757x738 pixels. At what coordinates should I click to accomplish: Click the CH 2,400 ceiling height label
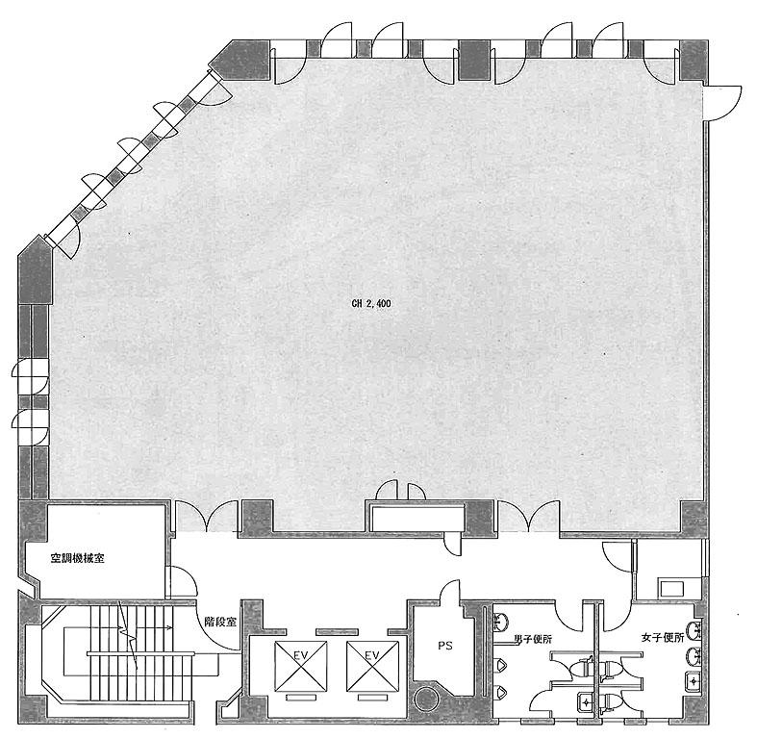(370, 304)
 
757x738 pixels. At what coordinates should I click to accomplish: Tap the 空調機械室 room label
(78, 559)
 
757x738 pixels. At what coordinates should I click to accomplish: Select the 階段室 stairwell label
(220, 622)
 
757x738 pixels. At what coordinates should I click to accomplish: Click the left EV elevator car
(301, 666)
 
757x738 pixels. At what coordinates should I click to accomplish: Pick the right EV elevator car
(372, 666)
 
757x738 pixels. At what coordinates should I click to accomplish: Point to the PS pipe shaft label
(445, 646)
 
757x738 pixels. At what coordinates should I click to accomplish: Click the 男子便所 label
(533, 640)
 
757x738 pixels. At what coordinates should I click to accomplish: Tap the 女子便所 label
(663, 638)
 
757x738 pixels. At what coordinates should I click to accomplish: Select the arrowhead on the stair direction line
(170, 628)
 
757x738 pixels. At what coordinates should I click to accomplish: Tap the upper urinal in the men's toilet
(499, 665)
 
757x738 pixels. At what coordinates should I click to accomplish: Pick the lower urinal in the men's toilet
(499, 692)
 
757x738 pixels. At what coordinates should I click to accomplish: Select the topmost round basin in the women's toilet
(695, 629)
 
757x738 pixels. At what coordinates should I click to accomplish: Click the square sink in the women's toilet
(694, 682)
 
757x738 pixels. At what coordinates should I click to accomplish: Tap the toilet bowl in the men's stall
(583, 669)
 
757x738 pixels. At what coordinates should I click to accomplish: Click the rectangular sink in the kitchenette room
(672, 589)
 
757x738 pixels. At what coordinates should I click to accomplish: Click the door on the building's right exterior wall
(722, 103)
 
